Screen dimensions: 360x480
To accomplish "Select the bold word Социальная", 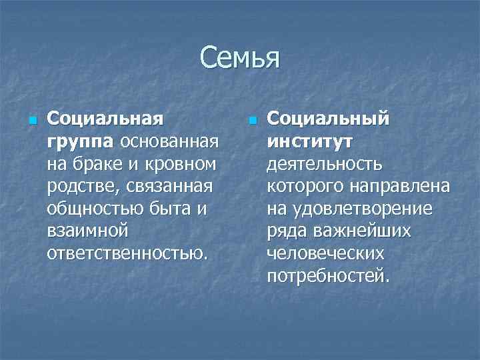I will click(105, 119).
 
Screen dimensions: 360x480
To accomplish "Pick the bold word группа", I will click(75, 141).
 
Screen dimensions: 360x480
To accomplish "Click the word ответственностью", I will click(127, 255).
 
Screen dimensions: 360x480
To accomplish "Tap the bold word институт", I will click(309, 141).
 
